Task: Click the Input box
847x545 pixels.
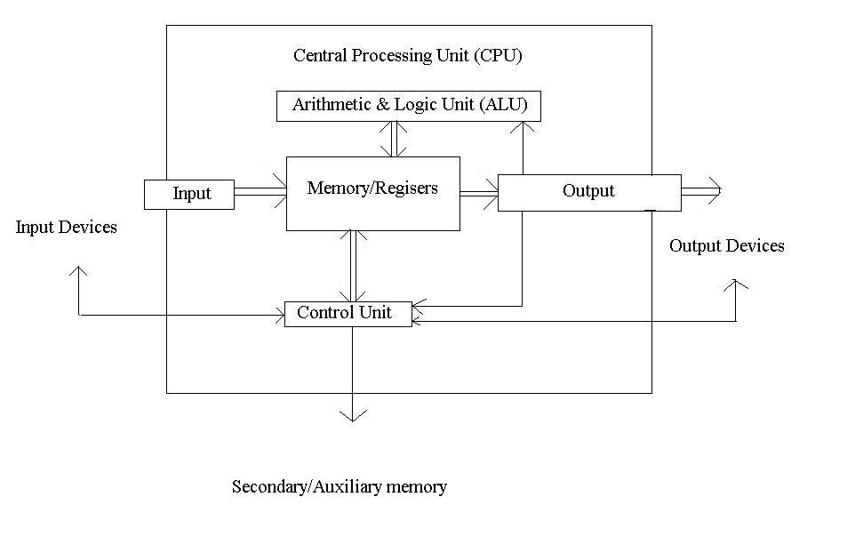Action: coord(189,194)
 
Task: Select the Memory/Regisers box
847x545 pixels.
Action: coord(372,193)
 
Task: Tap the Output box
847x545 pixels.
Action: coord(588,192)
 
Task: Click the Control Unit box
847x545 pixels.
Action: coord(348,313)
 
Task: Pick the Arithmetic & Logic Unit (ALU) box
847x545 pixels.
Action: coord(409,106)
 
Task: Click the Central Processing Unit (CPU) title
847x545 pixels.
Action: coord(408,56)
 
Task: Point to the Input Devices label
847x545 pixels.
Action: coord(67,228)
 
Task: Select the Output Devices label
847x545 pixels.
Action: coord(726,246)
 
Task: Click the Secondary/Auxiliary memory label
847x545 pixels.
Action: coord(339,486)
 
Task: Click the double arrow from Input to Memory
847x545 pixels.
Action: coord(260,190)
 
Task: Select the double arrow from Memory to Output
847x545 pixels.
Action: coord(478,192)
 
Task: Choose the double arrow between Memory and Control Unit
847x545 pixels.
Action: coord(354,266)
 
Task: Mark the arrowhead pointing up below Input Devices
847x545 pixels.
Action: coord(79,272)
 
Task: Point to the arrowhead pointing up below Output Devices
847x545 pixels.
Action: coord(735,285)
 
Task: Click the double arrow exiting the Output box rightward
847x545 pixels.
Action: coord(700,189)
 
